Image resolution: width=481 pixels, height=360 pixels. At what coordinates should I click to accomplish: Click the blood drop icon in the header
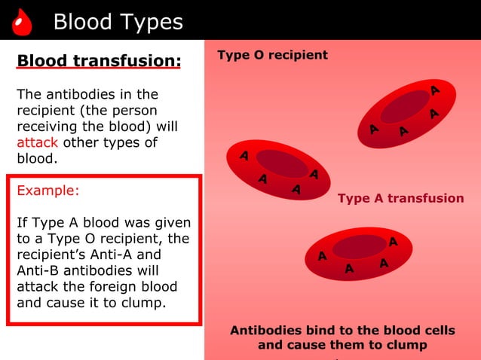pos(23,23)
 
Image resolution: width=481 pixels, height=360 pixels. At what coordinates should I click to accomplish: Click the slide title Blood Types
pos(118,23)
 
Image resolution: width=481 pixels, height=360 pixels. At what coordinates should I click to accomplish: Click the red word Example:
pos(47,191)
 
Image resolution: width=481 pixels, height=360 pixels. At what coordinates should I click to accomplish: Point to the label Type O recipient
pos(272,55)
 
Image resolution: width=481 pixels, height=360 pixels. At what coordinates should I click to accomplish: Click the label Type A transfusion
pos(400,198)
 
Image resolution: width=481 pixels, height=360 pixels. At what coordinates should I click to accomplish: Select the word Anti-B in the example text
pos(39,270)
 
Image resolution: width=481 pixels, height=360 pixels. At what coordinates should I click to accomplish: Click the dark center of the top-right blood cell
pos(405,107)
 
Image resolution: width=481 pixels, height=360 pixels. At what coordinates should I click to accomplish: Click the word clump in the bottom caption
pos(408,345)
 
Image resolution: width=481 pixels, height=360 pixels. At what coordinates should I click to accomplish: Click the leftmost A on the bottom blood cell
pos(322,256)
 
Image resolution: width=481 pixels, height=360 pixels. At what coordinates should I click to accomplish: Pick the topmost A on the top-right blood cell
pos(435,91)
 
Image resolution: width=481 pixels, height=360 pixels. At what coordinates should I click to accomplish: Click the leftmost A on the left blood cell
pos(244,156)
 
